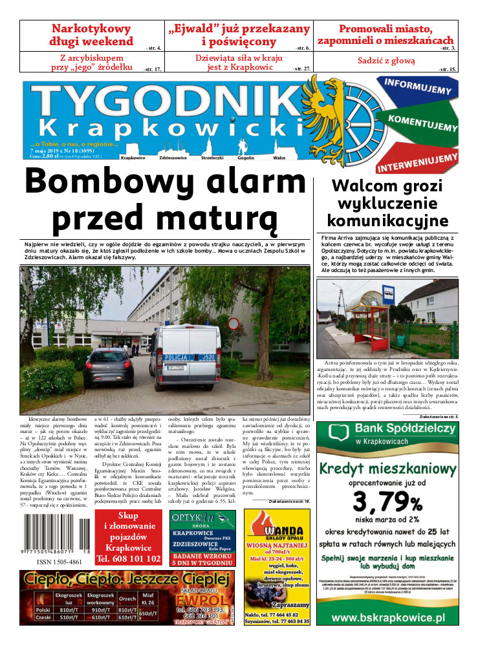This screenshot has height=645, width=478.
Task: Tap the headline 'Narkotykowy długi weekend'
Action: pos(91,35)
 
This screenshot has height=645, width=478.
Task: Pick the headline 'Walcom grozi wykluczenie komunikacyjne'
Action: pos(387,204)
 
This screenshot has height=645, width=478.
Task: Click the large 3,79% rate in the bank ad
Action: pos(387,501)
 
